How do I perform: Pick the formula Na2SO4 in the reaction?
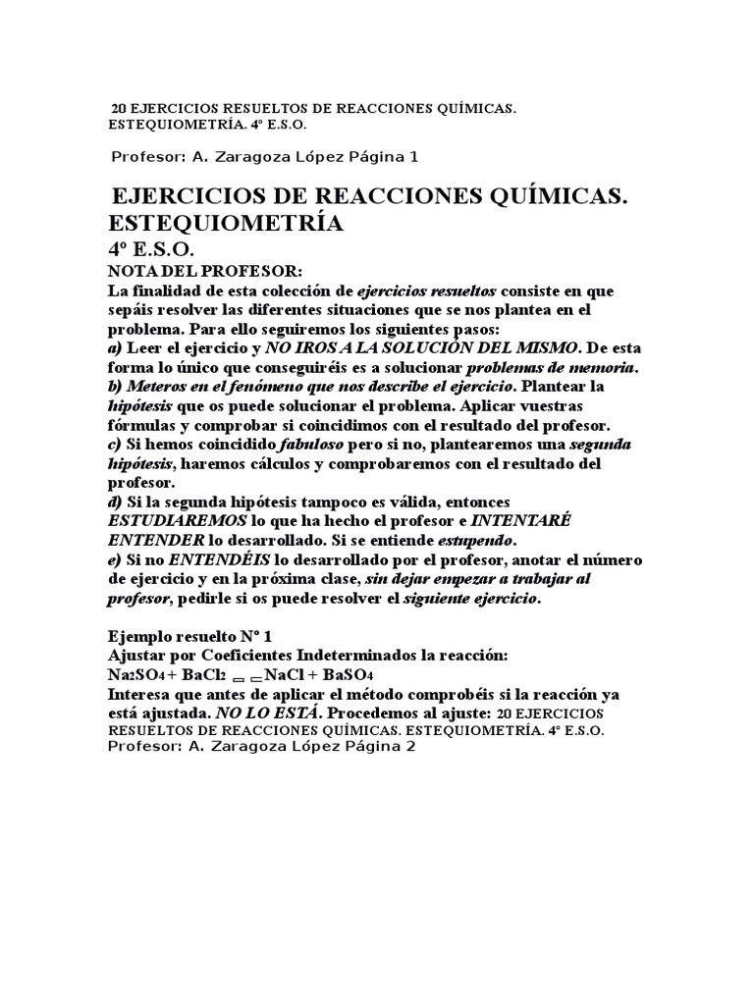(136, 675)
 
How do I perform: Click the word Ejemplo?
(140, 636)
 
